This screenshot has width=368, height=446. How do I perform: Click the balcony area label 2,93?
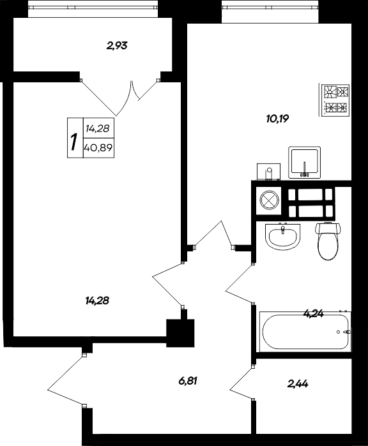coord(117,45)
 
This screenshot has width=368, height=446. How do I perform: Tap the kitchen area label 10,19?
coord(277,119)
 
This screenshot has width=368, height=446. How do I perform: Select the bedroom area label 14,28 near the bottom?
coord(97,301)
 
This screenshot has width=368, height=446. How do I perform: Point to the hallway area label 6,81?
coord(188,380)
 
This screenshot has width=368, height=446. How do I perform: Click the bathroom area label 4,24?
coord(313,314)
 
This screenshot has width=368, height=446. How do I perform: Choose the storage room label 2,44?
coord(298,384)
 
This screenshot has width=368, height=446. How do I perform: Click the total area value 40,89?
coord(98,147)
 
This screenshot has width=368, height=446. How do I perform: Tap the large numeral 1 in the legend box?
coord(74,142)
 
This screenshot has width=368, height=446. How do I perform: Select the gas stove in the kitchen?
coord(335,100)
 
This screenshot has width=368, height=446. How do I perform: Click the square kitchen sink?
coord(305,163)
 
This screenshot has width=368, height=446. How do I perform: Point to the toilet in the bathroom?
coord(328,241)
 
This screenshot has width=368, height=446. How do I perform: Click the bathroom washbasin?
coord(282,237)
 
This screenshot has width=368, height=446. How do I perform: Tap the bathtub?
coord(305,332)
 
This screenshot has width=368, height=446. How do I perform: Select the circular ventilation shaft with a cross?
coord(268,200)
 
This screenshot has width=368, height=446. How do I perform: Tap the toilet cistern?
coord(328,228)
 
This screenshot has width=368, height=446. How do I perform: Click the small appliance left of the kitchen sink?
coord(268,172)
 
